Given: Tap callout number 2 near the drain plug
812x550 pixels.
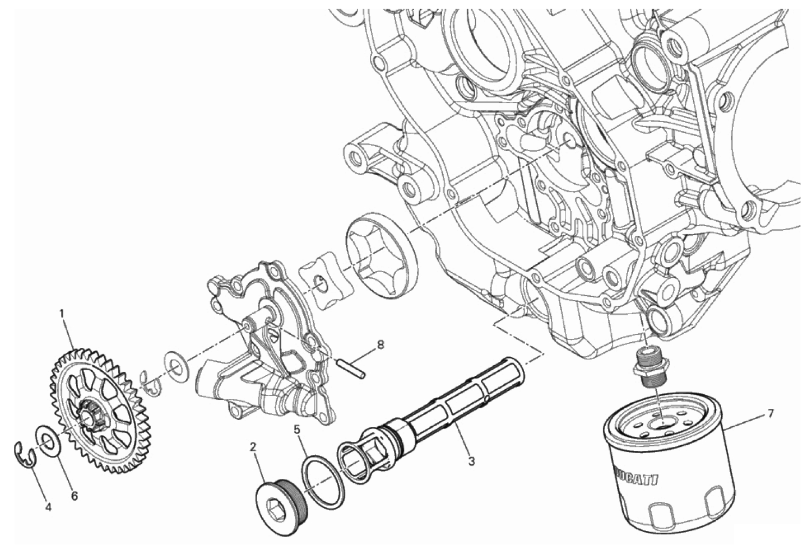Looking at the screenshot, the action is (253, 457).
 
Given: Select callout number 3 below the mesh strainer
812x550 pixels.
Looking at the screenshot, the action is (471, 462).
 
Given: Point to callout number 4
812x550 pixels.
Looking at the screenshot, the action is (48, 508).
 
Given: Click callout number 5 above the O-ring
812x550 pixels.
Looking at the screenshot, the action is (297, 430).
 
